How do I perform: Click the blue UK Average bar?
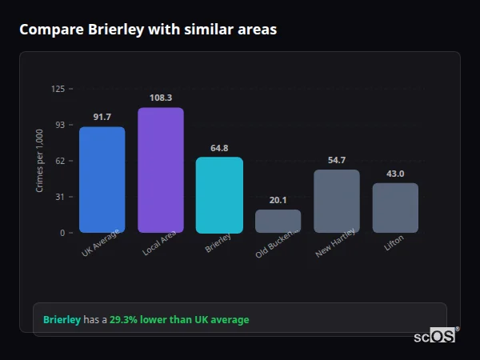102,180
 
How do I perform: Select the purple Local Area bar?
160,170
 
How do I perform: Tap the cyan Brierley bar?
219,195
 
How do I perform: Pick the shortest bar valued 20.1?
278,221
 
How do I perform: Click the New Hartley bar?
337,202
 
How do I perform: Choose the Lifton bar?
395,208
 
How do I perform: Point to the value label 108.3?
160,98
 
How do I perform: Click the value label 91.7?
102,117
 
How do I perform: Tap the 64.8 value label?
219,148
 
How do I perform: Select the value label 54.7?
337,160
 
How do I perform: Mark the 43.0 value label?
395,174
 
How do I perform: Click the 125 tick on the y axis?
58,89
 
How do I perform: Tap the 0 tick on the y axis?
62,233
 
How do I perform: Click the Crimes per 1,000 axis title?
40,161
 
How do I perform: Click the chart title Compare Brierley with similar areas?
148,30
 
